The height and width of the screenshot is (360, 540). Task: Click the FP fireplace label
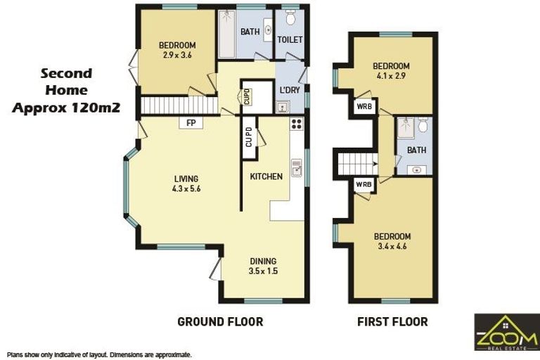point(191,123)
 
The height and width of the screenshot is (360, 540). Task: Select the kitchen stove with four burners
point(297,124)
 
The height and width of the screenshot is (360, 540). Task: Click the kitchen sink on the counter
point(297,168)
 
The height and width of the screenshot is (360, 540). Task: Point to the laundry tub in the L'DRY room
point(283,107)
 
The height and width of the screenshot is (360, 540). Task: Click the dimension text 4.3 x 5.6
point(186,188)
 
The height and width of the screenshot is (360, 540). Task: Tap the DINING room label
point(263,261)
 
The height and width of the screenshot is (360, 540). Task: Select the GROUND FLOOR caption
point(220,322)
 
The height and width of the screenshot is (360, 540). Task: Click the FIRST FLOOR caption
point(392,322)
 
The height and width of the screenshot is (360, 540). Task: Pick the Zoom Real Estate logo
point(506,332)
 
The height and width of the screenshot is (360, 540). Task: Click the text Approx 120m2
point(66,108)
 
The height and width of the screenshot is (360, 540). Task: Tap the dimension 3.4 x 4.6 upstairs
point(392,246)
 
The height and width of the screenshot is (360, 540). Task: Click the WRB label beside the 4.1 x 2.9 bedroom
point(364,107)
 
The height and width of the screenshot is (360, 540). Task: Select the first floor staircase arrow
point(375,165)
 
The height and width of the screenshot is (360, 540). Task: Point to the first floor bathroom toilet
point(423,124)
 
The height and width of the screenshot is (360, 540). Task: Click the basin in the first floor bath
point(417,170)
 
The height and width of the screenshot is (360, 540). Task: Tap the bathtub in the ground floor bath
point(226,34)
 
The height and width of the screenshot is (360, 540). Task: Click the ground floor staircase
point(179,105)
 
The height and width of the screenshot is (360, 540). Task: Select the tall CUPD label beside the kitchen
point(249,137)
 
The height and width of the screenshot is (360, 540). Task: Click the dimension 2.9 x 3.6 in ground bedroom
point(177,55)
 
